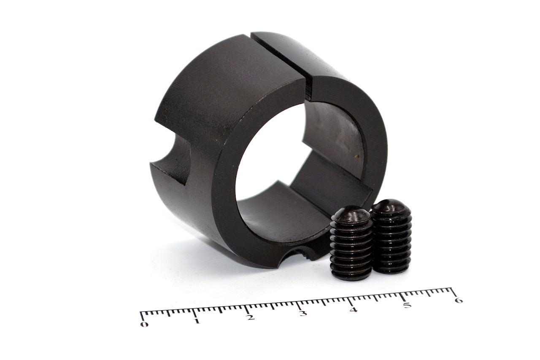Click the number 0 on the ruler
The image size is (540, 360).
click(144, 324)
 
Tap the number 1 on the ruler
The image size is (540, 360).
click(197, 321)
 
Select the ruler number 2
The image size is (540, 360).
click(251, 317)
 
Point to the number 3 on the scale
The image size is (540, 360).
click(303, 313)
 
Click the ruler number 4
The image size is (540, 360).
click(354, 309)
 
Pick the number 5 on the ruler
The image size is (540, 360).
click(407, 305)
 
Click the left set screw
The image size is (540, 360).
click(351, 243)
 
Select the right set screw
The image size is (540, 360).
click(391, 236)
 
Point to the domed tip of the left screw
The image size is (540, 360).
click(351, 214)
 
